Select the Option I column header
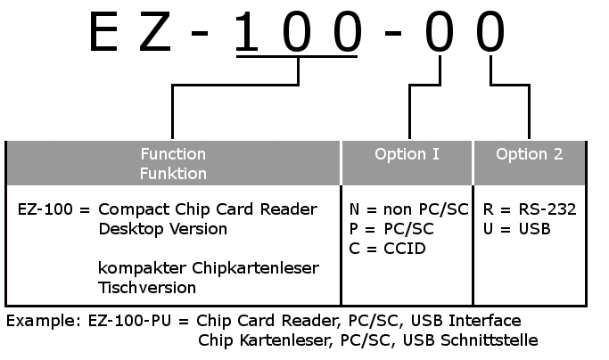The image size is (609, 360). tap(407, 154)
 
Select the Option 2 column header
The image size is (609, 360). tap(530, 154)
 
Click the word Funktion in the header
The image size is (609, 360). tap(173, 174)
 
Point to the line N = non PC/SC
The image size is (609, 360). tap(409, 209)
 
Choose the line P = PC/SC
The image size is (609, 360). tap(392, 229)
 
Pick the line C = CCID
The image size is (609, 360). tap(389, 248)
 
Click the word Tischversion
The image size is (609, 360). tap(147, 288)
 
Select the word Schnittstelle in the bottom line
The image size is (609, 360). tap(490, 340)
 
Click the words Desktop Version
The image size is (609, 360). tap(162, 229)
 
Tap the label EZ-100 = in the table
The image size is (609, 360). tap(53, 209)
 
